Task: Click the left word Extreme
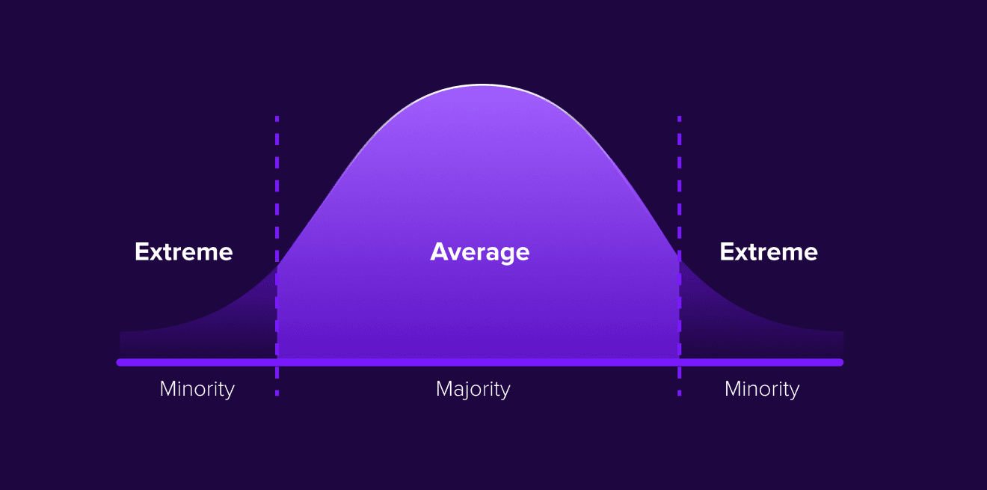coord(184,252)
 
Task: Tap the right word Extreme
coord(769,252)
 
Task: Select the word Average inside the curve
coord(480,253)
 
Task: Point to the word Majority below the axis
coord(473,390)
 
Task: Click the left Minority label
coord(197,390)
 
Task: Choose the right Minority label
coord(762,390)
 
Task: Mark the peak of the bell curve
coord(482,85)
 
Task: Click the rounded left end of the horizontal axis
coord(120,362)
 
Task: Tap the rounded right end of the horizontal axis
coord(840,362)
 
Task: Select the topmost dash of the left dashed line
coord(277,119)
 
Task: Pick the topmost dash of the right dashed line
coord(680,119)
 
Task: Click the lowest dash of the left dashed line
coord(277,393)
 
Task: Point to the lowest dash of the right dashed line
coord(680,393)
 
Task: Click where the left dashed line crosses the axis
coord(277,362)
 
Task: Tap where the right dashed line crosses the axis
coord(680,362)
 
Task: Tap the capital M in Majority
coord(444,389)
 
